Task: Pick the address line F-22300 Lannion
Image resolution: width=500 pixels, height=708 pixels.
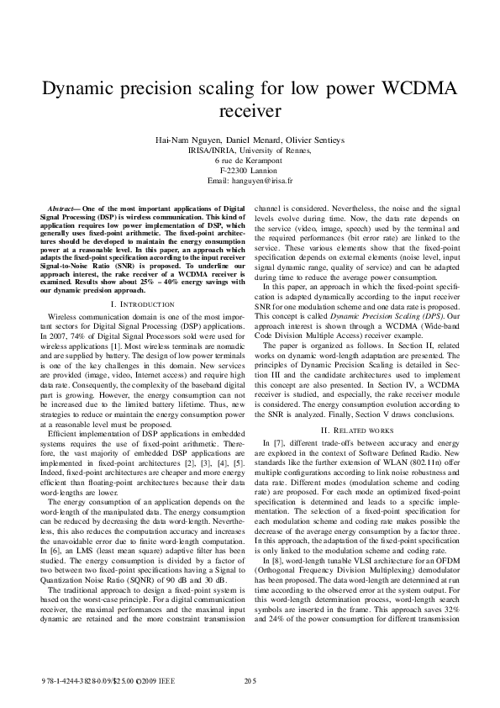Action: tap(250, 170)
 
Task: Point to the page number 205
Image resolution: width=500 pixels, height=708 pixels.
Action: tap(250, 679)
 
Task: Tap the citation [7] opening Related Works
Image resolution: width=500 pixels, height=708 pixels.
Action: tap(278, 442)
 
